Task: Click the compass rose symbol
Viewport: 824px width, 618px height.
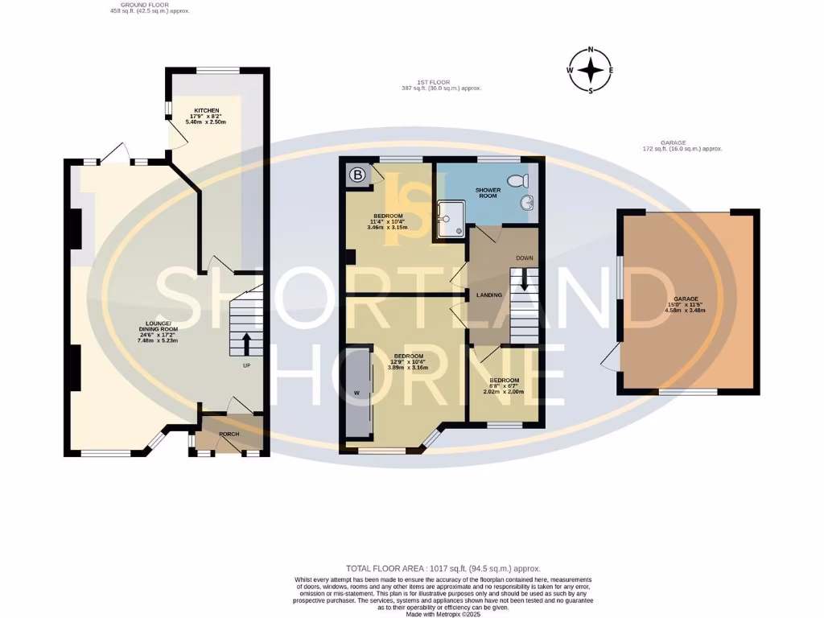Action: pos(591,71)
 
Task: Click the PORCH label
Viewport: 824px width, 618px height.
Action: pos(229,435)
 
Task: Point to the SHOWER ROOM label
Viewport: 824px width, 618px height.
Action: pos(487,194)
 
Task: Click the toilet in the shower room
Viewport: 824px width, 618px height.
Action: pos(517,179)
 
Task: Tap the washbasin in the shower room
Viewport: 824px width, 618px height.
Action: pos(528,204)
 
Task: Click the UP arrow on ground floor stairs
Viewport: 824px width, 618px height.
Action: pos(246,344)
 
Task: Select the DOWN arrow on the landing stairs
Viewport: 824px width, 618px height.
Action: pos(525,280)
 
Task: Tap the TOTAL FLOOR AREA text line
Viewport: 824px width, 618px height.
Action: pos(443,568)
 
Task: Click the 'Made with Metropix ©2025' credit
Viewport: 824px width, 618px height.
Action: pos(443,614)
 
